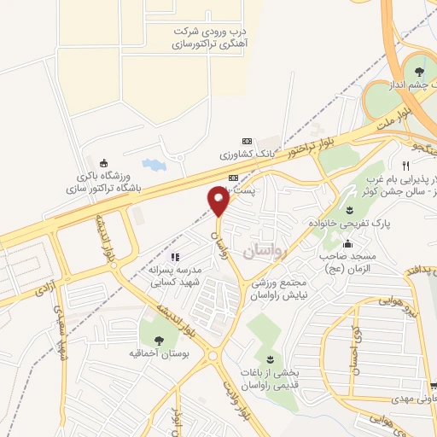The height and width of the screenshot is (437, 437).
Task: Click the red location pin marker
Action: point(218,203)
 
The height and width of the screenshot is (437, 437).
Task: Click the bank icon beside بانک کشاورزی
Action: point(248,142)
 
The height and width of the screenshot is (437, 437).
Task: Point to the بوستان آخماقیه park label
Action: point(160,353)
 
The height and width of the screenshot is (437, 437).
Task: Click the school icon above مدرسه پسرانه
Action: point(175,257)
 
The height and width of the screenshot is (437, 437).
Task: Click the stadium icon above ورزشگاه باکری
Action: point(104,164)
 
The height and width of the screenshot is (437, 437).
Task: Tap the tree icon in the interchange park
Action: point(419,73)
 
